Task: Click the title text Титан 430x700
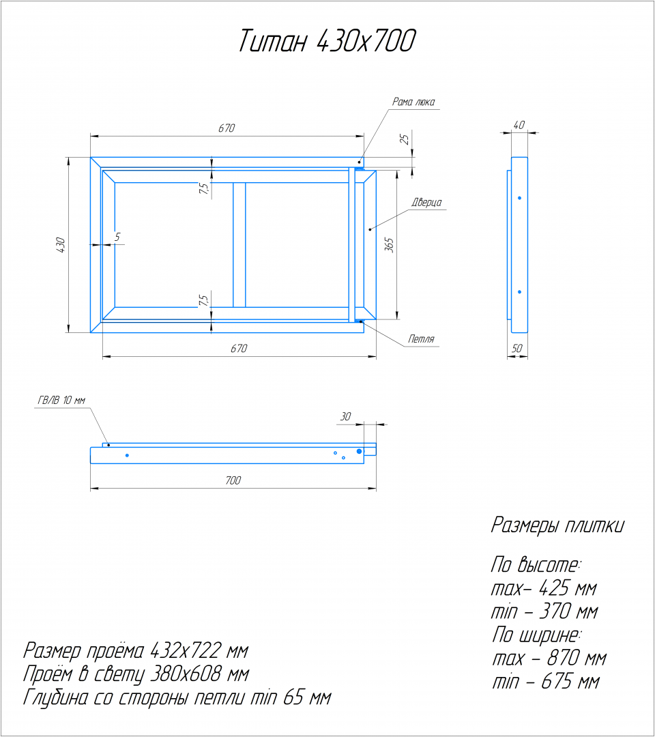[327, 40]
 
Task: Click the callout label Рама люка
[413, 102]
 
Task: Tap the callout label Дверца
[426, 202]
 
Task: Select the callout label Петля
[421, 339]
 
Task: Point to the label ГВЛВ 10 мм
[61, 401]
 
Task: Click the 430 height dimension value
[61, 246]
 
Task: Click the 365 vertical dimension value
[389, 245]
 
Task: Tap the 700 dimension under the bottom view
[233, 480]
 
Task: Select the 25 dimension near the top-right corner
[405, 139]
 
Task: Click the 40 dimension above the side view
[519, 125]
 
